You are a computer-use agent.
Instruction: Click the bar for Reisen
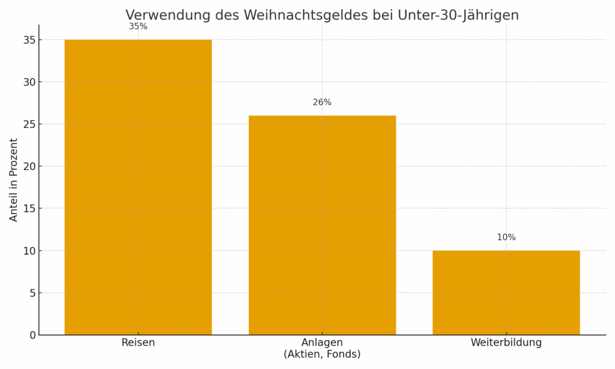pyautogui.click(x=138, y=187)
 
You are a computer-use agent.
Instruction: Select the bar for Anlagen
pyautogui.click(x=322, y=225)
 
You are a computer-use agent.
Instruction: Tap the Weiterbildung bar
pyautogui.click(x=506, y=292)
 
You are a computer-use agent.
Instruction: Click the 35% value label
pyautogui.click(x=138, y=26)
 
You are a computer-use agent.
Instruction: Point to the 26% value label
pyautogui.click(x=322, y=103)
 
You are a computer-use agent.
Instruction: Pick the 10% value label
pyautogui.click(x=506, y=237)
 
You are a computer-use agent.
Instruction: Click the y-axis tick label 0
pyautogui.click(x=32, y=335)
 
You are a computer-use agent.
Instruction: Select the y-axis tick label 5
pyautogui.click(x=32, y=293)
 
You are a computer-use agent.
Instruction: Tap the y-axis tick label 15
pyautogui.click(x=29, y=209)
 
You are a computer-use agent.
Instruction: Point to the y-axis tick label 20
pyautogui.click(x=29, y=166)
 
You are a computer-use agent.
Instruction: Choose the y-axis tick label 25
pyautogui.click(x=29, y=124)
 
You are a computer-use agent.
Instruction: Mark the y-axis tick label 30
pyautogui.click(x=29, y=82)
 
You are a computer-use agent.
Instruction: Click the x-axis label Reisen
pyautogui.click(x=138, y=343)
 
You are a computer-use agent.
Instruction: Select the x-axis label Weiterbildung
pyautogui.click(x=506, y=343)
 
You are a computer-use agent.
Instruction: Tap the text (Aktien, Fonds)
pyautogui.click(x=322, y=355)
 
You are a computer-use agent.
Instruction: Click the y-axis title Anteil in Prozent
pyautogui.click(x=14, y=180)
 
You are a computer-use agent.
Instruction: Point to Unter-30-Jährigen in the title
pyautogui.click(x=458, y=16)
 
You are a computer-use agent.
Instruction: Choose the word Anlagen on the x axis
pyautogui.click(x=322, y=343)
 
